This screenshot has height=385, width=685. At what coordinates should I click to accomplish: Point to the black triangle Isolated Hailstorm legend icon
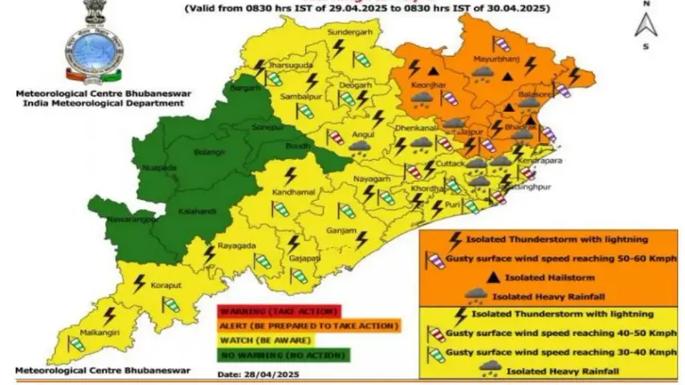click(491, 276)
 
